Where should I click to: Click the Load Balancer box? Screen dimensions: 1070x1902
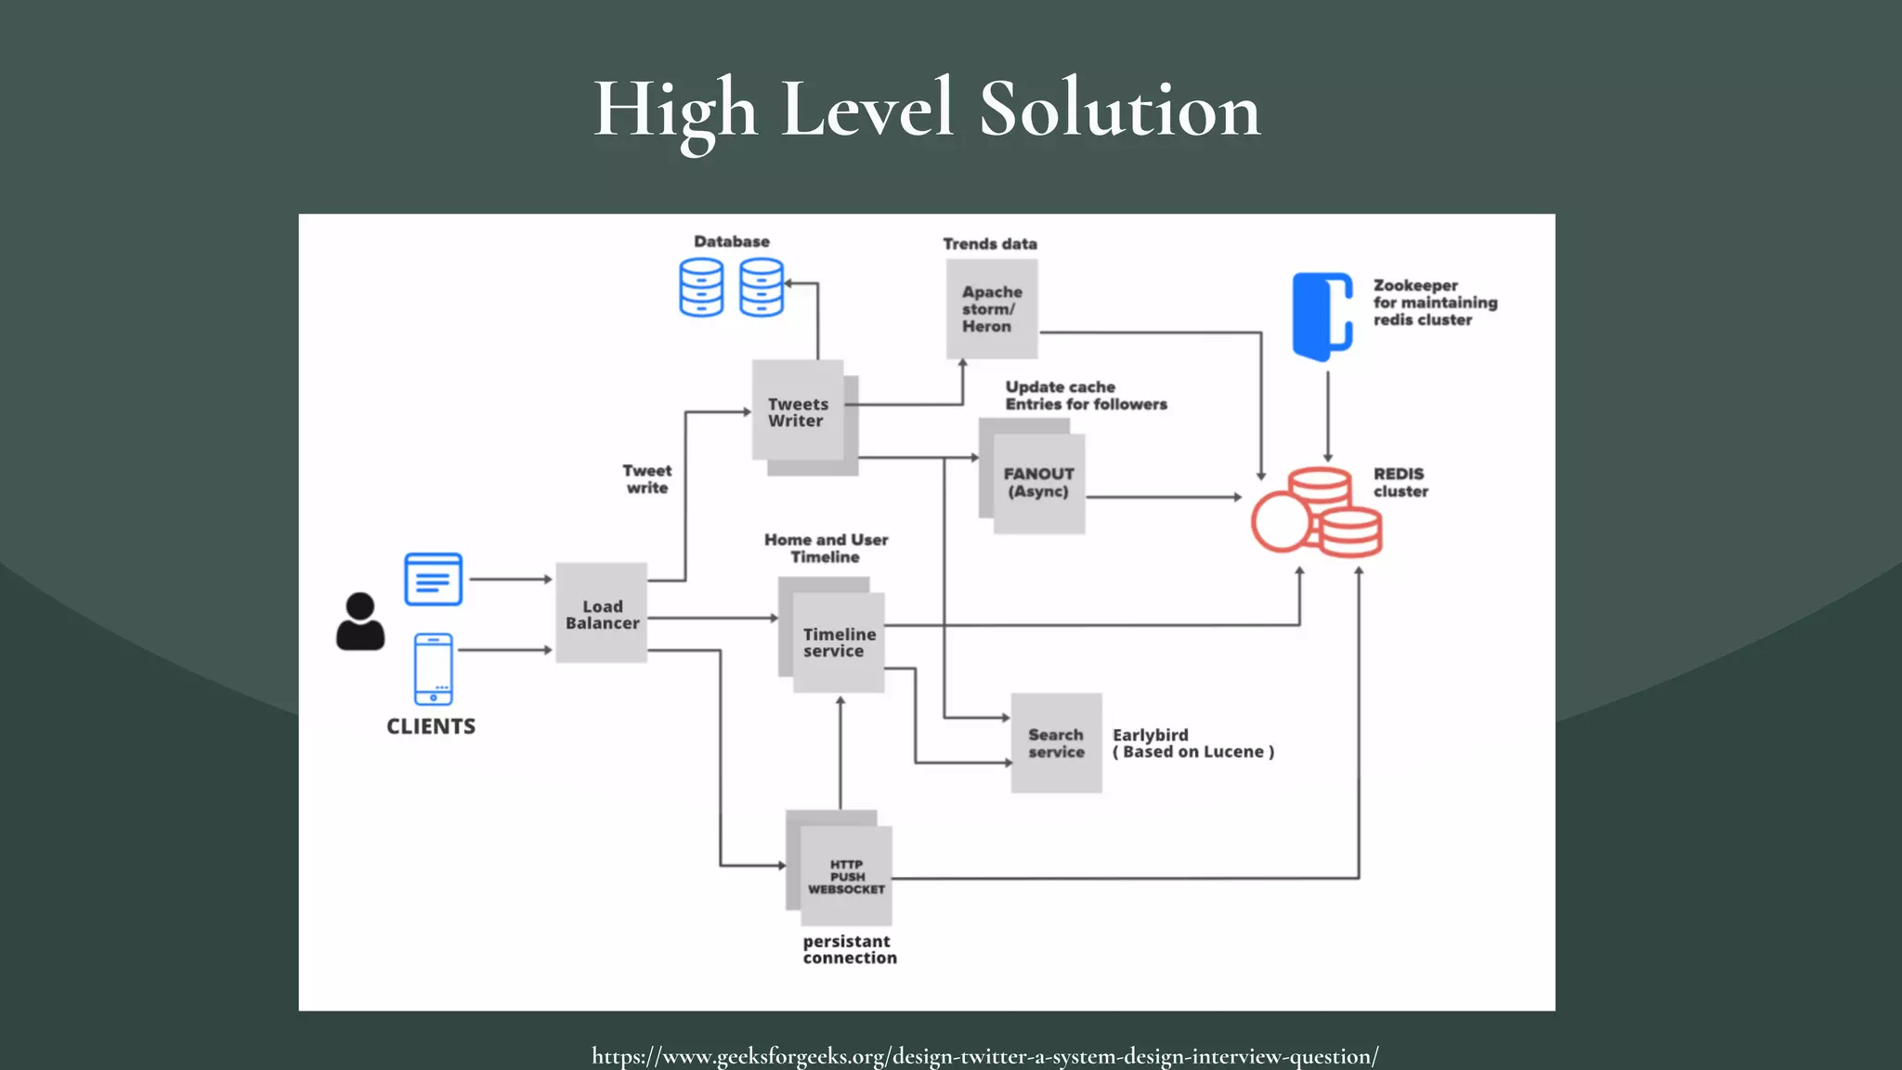601,613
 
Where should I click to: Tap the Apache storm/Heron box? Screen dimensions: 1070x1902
991,308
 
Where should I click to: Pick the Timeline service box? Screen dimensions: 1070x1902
838,642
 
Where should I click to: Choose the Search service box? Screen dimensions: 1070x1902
1056,743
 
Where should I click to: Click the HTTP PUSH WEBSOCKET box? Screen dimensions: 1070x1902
845,876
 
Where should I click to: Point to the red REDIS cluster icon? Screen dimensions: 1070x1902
1317,513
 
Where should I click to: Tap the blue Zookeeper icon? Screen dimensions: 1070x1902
1322,316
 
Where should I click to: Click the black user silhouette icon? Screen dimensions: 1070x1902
360,621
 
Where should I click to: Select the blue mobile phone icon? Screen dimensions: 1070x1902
434,669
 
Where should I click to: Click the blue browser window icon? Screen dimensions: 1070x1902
434,580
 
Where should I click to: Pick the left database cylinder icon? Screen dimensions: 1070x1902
701,287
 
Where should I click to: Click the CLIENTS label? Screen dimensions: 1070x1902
431,726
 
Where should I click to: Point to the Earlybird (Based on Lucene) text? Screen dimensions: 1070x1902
1192,743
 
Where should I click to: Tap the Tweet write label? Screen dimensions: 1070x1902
647,479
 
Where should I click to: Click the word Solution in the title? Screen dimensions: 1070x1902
1119,110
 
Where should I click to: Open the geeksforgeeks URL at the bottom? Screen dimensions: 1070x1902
984,1056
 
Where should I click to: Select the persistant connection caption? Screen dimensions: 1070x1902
849,949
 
